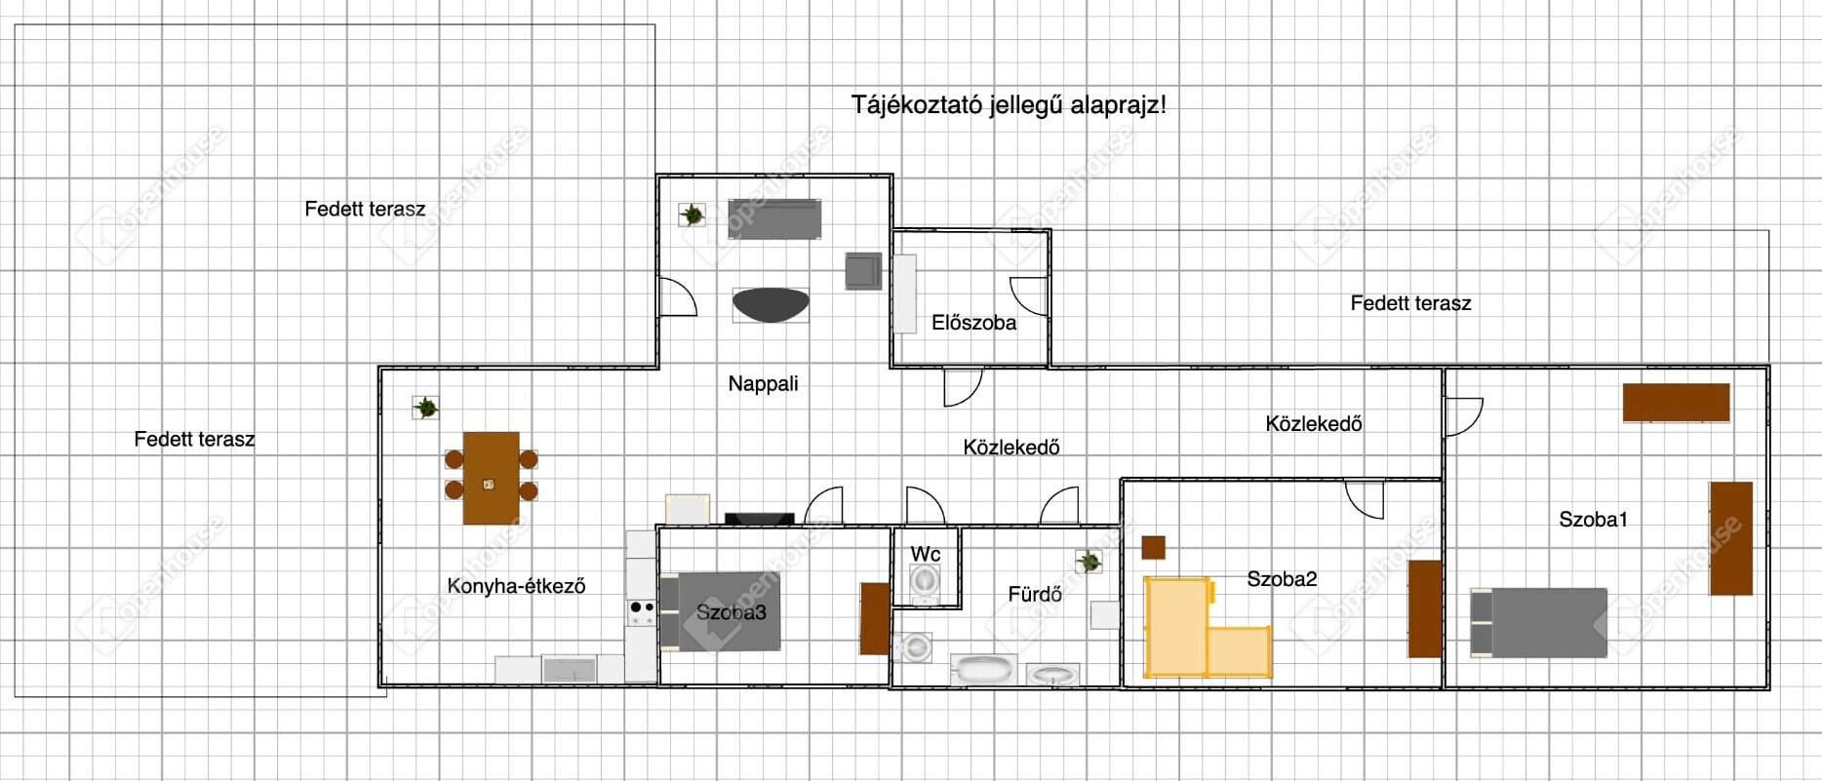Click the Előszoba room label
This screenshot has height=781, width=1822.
pos(973,323)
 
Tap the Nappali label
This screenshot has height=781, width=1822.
pos(763,384)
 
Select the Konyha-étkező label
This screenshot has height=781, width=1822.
pos(516,586)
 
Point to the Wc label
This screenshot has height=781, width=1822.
pos(926,554)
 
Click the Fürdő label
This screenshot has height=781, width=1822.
pos(1035,594)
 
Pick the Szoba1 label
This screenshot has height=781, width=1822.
pos(1594,520)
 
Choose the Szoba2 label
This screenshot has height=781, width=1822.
pos(1282,579)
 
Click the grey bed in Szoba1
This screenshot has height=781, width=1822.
pos(1538,623)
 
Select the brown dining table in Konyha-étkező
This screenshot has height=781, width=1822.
pos(491,478)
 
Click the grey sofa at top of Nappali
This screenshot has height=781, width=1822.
pos(774,219)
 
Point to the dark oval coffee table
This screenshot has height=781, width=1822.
pos(771,304)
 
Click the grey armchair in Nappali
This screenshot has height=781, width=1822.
pos(863,271)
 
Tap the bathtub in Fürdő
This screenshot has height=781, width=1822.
pos(983,670)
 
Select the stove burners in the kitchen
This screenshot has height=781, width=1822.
pos(641,612)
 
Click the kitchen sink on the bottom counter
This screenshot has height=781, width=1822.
pos(569,669)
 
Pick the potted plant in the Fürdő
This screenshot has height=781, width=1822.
pos(1089,562)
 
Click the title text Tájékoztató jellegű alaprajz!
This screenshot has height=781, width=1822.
pos(1009,105)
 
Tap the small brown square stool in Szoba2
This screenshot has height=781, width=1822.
pos(1153,548)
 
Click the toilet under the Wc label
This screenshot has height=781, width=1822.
pos(925,581)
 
